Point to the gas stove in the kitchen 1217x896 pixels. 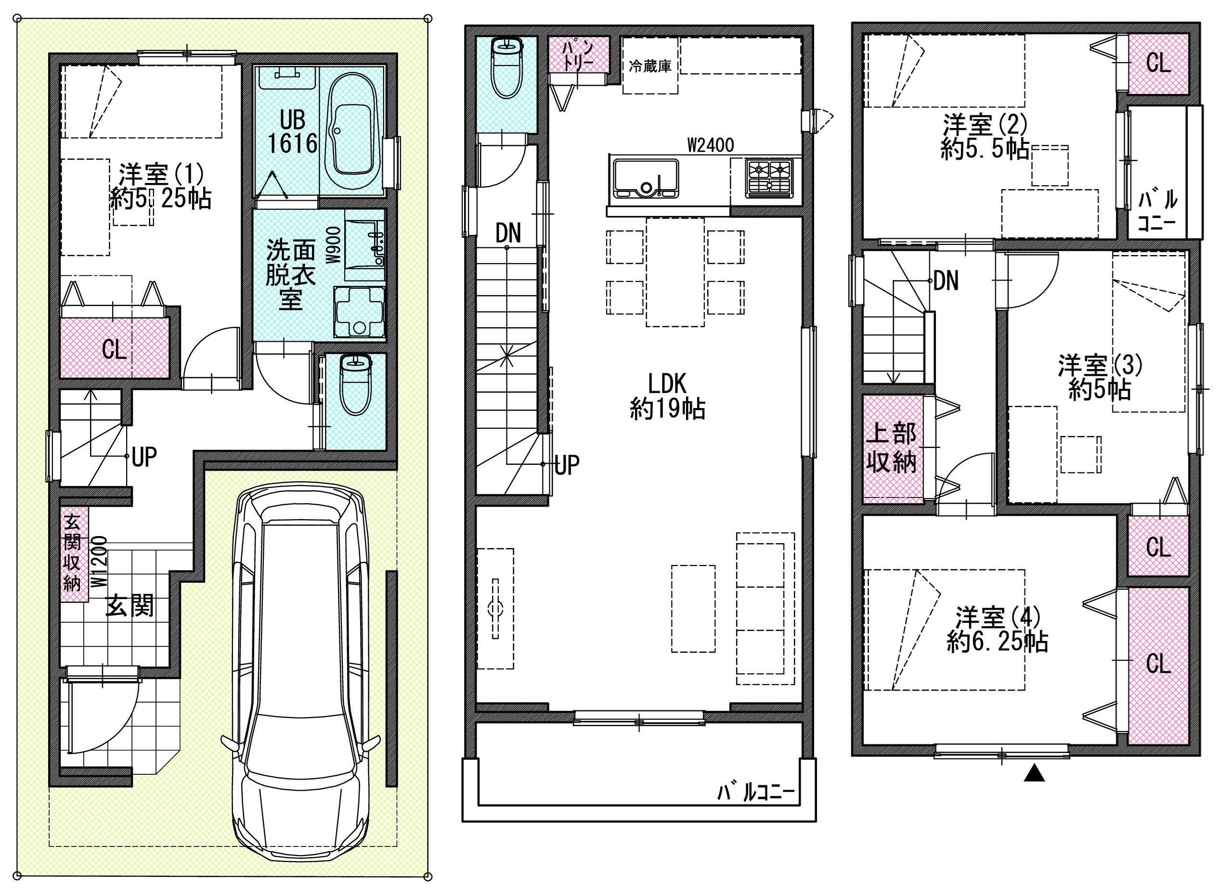[769, 178]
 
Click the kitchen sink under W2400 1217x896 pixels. [646, 179]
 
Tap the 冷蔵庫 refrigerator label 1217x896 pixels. [650, 66]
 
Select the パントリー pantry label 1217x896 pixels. [578, 54]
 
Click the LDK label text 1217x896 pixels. [667, 384]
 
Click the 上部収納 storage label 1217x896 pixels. [892, 448]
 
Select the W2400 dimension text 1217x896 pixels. [710, 145]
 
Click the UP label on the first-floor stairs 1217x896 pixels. [144, 457]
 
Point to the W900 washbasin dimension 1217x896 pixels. [332, 244]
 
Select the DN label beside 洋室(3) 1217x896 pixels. [945, 281]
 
